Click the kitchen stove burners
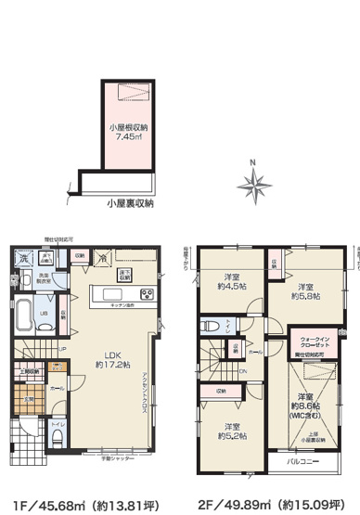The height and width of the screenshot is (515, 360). [124, 274]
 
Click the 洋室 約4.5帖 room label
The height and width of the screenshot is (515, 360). [233, 281]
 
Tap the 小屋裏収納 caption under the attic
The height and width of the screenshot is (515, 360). [129, 202]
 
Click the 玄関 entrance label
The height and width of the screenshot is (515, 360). [28, 400]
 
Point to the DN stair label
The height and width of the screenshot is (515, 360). [243, 374]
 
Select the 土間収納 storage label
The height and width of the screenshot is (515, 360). [29, 372]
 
